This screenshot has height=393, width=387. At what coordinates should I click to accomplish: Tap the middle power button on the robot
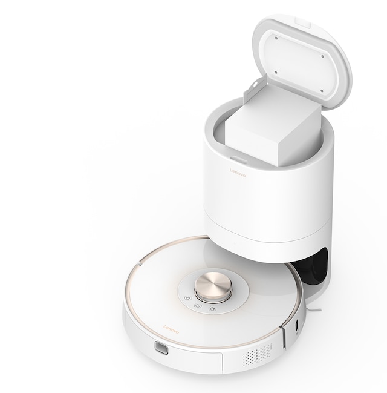point(198,306)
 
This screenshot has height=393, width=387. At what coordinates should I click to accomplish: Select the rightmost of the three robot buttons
point(212,309)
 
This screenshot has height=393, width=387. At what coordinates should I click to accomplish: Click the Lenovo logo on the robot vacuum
point(171,329)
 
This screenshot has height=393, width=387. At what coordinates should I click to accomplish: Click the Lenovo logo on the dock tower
point(238,173)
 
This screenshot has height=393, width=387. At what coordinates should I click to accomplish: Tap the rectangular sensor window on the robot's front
point(161,348)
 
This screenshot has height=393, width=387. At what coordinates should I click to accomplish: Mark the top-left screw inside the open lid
point(276,38)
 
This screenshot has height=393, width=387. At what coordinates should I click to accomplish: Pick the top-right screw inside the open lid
point(322,56)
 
